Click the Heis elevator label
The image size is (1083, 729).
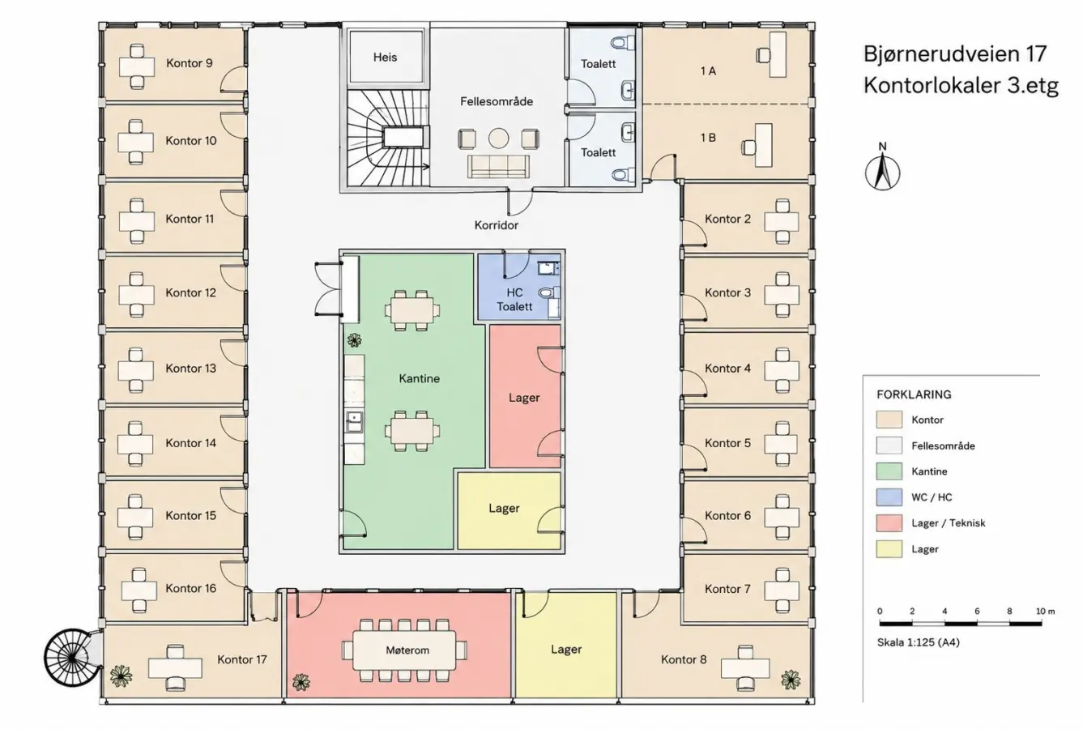(385, 57)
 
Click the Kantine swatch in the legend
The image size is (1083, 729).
(889, 471)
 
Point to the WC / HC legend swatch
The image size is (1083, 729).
(889, 497)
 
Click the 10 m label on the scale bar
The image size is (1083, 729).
(1045, 611)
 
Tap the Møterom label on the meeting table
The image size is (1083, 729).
(407, 650)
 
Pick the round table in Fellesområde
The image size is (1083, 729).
(498, 139)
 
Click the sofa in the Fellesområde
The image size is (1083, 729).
(498, 166)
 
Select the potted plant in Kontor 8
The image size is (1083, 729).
(791, 680)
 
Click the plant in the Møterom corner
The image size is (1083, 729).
(301, 683)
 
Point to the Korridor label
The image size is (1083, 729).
(496, 225)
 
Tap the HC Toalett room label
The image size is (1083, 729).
(514, 300)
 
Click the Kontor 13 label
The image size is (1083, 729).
(191, 369)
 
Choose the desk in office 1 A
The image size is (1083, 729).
(778, 54)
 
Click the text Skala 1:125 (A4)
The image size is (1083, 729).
(918, 642)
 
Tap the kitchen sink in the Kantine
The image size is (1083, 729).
(355, 420)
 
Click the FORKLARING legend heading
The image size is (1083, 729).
(914, 394)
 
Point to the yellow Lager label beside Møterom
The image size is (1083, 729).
(566, 650)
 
